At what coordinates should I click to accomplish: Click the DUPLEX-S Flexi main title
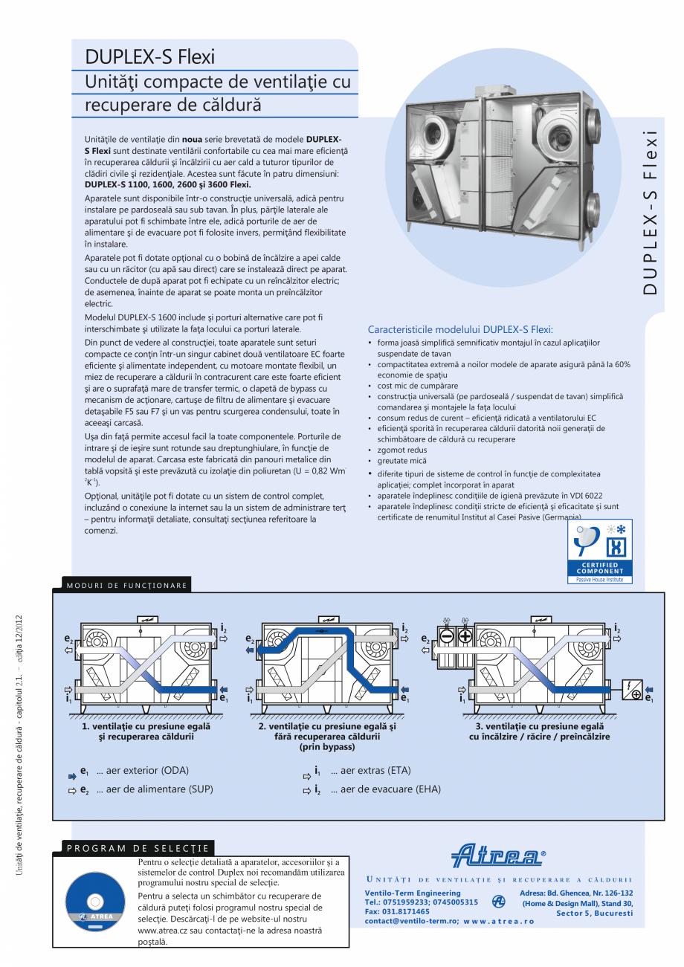pos(150,57)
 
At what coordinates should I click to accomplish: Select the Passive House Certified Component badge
pos(595,551)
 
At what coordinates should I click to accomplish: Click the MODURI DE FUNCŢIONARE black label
pos(122,586)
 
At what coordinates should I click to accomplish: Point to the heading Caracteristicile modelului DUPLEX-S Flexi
pos(460,329)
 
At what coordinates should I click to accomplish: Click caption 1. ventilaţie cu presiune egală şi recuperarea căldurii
pos(146,731)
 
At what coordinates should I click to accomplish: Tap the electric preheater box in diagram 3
pos(633,690)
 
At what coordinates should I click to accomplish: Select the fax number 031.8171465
pos(397,911)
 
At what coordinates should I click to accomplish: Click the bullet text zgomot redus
pos(401,450)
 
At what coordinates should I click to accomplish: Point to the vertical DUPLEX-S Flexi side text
pos(651,213)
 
